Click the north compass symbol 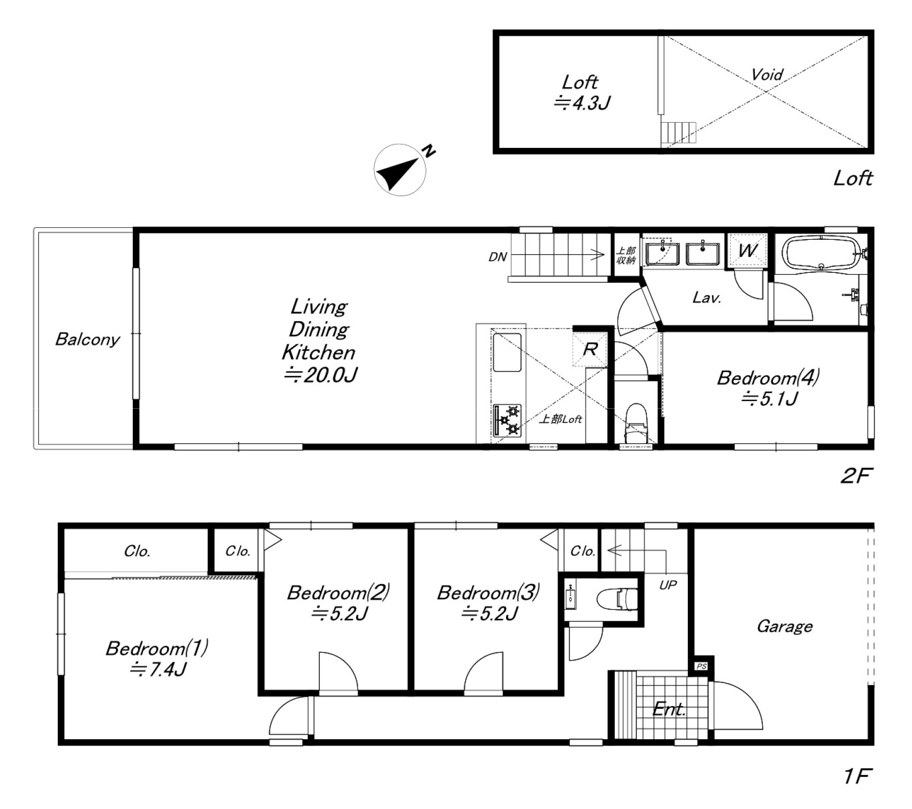(x=400, y=169)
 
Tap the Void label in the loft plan (x=767, y=74)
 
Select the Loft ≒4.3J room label (x=581, y=92)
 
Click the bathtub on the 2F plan (x=821, y=254)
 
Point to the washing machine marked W (x=747, y=250)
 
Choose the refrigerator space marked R (x=590, y=349)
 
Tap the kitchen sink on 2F (x=507, y=352)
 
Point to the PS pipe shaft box (x=702, y=666)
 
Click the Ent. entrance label (x=669, y=709)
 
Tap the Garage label (x=784, y=626)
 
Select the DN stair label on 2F (x=498, y=257)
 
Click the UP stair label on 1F (x=668, y=584)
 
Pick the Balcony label (x=87, y=339)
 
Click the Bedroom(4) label (x=769, y=378)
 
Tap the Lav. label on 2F (x=707, y=298)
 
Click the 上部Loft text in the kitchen (x=561, y=419)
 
